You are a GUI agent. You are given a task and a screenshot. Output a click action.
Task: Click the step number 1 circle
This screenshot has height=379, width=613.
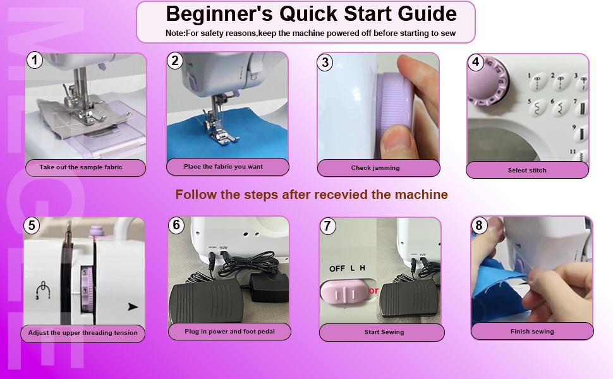[35, 61]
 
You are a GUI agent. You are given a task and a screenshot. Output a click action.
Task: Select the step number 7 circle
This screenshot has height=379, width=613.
[327, 226]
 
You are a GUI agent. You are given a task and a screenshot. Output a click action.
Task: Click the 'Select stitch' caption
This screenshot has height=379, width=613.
[527, 171]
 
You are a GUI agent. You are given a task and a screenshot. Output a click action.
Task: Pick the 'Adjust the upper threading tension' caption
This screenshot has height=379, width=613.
[83, 333]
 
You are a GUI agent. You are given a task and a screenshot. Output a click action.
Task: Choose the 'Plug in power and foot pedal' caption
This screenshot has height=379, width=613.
[229, 331]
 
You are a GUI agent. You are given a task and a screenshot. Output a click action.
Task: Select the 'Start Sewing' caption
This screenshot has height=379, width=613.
[384, 332]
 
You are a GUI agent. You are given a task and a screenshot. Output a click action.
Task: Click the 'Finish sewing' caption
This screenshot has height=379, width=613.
[532, 332]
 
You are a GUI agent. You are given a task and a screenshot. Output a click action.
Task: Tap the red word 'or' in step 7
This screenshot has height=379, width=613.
[373, 291]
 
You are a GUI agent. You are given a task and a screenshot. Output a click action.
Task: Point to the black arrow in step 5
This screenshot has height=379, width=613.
[133, 308]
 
